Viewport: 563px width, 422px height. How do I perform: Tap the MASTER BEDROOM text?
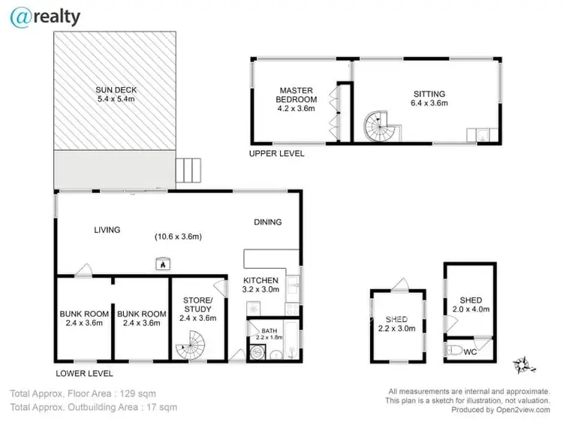click(x=297, y=94)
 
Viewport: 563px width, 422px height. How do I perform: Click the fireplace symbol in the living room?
click(x=161, y=263)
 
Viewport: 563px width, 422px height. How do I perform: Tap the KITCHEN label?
click(x=261, y=279)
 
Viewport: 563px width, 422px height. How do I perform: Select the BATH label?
click(x=269, y=330)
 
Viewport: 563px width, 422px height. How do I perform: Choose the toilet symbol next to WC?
click(x=455, y=350)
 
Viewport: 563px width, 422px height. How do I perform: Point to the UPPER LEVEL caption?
click(x=276, y=153)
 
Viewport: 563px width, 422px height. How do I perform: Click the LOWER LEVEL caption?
click(x=84, y=372)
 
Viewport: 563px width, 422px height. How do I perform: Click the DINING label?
click(x=267, y=222)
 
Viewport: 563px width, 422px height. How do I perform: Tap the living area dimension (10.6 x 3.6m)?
click(x=179, y=237)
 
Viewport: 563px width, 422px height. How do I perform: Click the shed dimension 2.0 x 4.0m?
click(x=471, y=309)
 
